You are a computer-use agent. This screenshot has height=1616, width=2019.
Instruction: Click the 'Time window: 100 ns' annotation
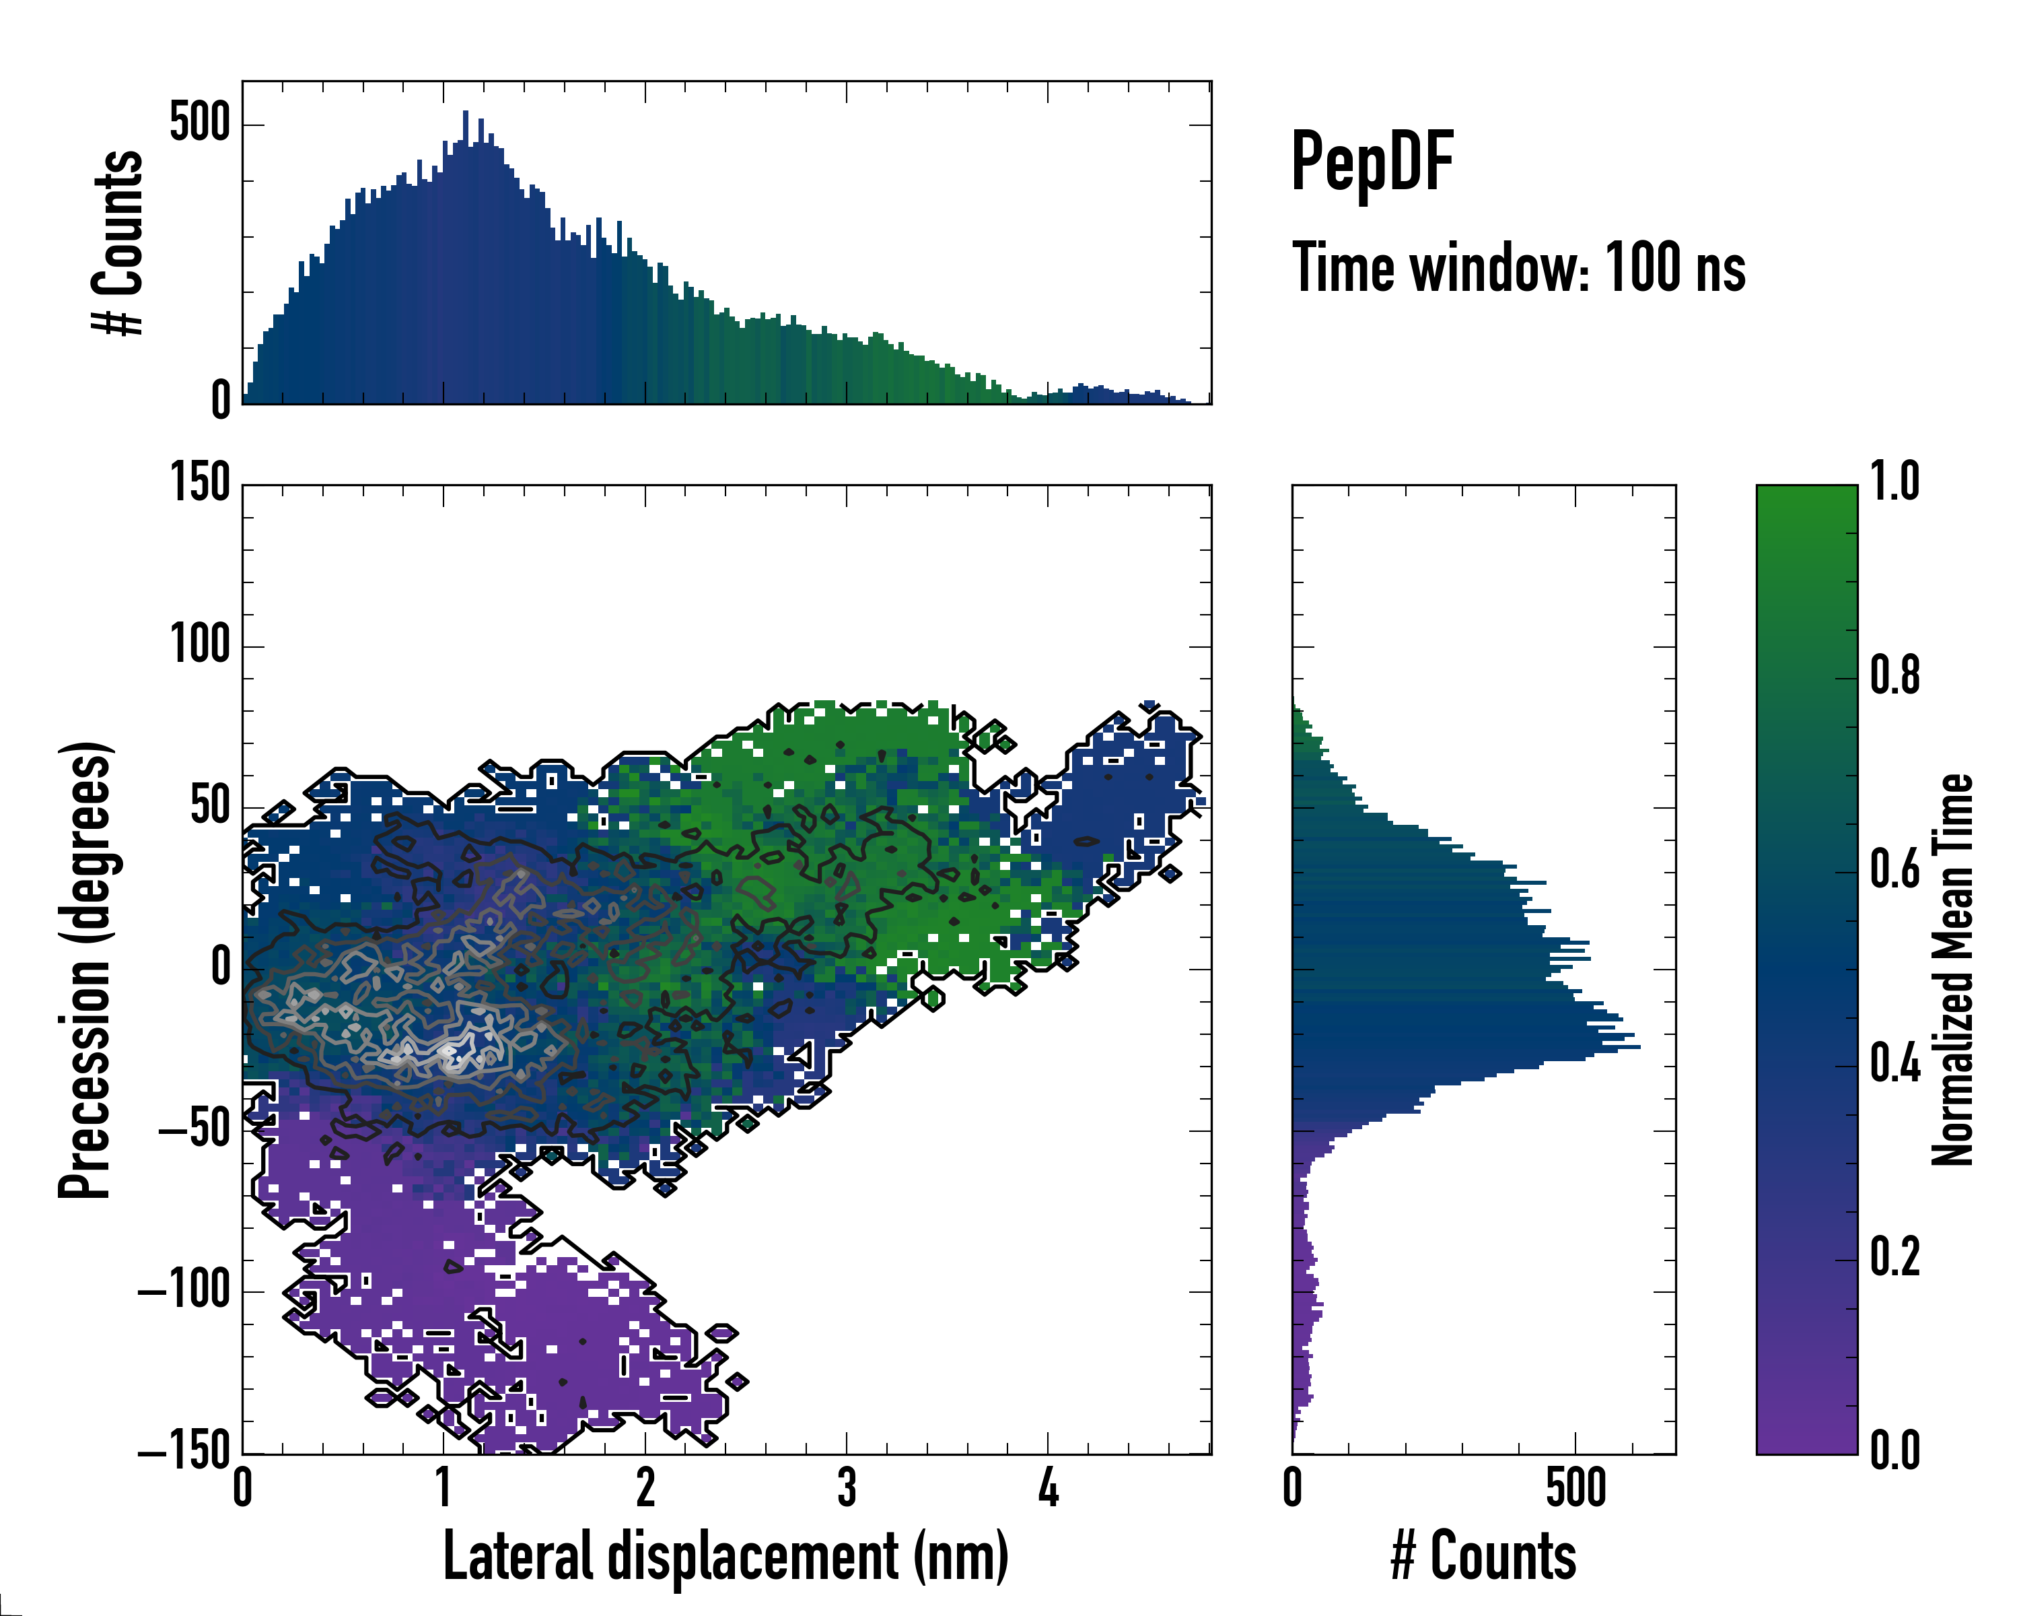point(1518,269)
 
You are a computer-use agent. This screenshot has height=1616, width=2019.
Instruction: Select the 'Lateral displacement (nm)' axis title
point(725,1556)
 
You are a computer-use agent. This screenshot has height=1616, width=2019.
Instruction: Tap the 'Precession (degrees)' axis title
point(85,969)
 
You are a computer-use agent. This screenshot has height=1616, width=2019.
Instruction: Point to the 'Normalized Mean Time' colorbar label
point(1952,969)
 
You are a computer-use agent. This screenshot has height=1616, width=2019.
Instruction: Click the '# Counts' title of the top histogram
point(118,242)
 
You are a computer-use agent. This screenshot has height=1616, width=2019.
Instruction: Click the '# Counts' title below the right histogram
point(1483,1556)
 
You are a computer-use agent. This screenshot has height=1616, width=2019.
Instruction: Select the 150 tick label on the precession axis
point(199,484)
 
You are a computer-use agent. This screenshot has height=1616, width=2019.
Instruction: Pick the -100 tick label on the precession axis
point(184,1292)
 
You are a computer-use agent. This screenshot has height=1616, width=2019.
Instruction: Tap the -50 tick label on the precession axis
point(194,1131)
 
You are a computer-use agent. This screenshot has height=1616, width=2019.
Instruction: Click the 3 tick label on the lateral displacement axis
point(847,1487)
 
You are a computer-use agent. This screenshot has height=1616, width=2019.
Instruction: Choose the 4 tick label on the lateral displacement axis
point(1048,1487)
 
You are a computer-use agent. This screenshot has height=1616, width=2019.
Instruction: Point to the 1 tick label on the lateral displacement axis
point(444,1487)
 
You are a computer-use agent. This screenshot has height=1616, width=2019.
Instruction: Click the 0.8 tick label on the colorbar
point(1894,675)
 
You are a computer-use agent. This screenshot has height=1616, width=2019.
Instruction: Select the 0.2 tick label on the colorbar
point(1894,1257)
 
